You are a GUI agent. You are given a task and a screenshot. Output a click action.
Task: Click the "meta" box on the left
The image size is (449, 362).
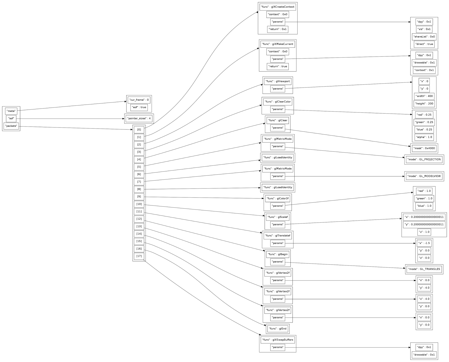[x=11, y=111]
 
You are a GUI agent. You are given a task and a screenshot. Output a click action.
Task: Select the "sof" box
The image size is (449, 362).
[x=11, y=119]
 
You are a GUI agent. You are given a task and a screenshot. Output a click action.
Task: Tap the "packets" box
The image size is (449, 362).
[x=11, y=126]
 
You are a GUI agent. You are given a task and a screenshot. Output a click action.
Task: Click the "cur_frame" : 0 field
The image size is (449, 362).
[x=139, y=100]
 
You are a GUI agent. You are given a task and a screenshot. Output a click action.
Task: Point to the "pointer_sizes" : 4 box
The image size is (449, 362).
[x=139, y=118]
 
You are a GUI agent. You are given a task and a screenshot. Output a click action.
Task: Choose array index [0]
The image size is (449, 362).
[x=139, y=130]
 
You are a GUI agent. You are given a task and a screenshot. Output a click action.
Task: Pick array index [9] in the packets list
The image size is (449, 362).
[x=139, y=197]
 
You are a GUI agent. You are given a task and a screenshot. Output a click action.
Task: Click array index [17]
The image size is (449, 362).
[x=139, y=256]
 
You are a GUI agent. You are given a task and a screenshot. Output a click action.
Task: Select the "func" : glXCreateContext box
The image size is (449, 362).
[x=278, y=7]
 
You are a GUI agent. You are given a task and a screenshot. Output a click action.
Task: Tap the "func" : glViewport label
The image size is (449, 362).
[x=278, y=81]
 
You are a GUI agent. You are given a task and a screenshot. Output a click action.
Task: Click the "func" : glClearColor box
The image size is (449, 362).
[x=278, y=102]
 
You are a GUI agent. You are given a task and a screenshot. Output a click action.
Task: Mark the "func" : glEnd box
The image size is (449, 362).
[x=278, y=329]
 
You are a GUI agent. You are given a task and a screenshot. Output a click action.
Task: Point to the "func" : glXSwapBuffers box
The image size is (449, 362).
[x=278, y=340]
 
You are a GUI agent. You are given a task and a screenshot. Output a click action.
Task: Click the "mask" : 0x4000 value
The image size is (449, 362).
[x=424, y=148]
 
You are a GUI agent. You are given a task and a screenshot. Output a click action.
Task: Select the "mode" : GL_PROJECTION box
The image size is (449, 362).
[x=424, y=159]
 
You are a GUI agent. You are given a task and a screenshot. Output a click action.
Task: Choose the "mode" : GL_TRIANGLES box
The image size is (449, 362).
[x=424, y=269]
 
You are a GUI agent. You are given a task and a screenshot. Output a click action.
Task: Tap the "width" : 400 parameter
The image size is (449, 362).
[x=424, y=96]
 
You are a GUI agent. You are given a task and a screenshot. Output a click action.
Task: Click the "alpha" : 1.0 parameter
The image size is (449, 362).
[x=424, y=137]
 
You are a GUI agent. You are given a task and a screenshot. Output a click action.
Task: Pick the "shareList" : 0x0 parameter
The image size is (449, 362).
[x=424, y=36]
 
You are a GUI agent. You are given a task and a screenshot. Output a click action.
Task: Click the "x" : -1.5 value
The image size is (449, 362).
[x=424, y=243]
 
